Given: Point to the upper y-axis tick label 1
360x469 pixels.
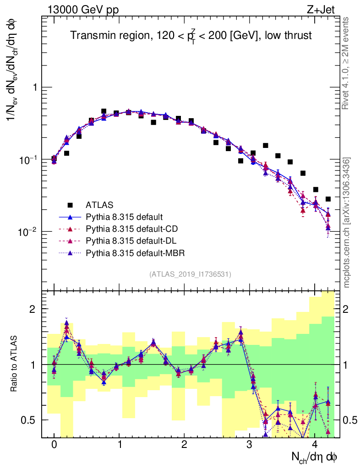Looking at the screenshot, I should click(x=34, y=87).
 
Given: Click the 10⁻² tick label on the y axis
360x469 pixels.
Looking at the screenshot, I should click(x=29, y=232).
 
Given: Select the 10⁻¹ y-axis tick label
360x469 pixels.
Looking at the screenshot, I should click(x=29, y=160).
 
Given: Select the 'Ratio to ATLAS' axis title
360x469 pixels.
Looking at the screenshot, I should click(x=15, y=365).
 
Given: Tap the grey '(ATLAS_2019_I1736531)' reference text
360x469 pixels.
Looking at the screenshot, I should click(x=190, y=274).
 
